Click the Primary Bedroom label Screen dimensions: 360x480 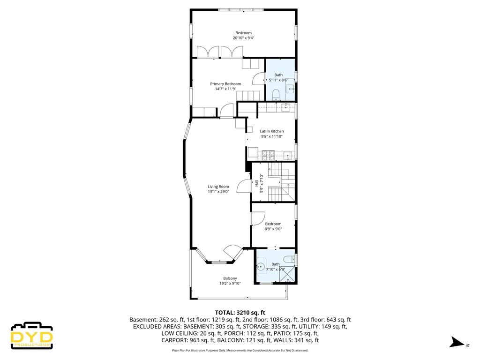pyautogui.click(x=225, y=84)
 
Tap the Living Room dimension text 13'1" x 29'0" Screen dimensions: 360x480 pyautogui.click(x=218, y=192)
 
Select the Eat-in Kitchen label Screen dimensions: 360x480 pyautogui.click(x=272, y=131)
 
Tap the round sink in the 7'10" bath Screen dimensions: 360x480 pyautogui.click(x=261, y=267)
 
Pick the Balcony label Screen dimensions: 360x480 pyautogui.click(x=230, y=278)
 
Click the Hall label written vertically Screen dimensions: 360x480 pyautogui.click(x=256, y=184)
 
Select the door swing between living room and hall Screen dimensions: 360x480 pyautogui.click(x=244, y=186)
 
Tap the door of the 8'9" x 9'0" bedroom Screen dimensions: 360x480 pyautogui.click(x=257, y=218)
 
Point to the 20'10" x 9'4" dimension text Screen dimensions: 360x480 pyautogui.click(x=243, y=38)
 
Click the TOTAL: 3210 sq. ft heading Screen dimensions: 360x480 pyautogui.click(x=240, y=312)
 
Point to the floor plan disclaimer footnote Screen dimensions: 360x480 pyautogui.click(x=240, y=350)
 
